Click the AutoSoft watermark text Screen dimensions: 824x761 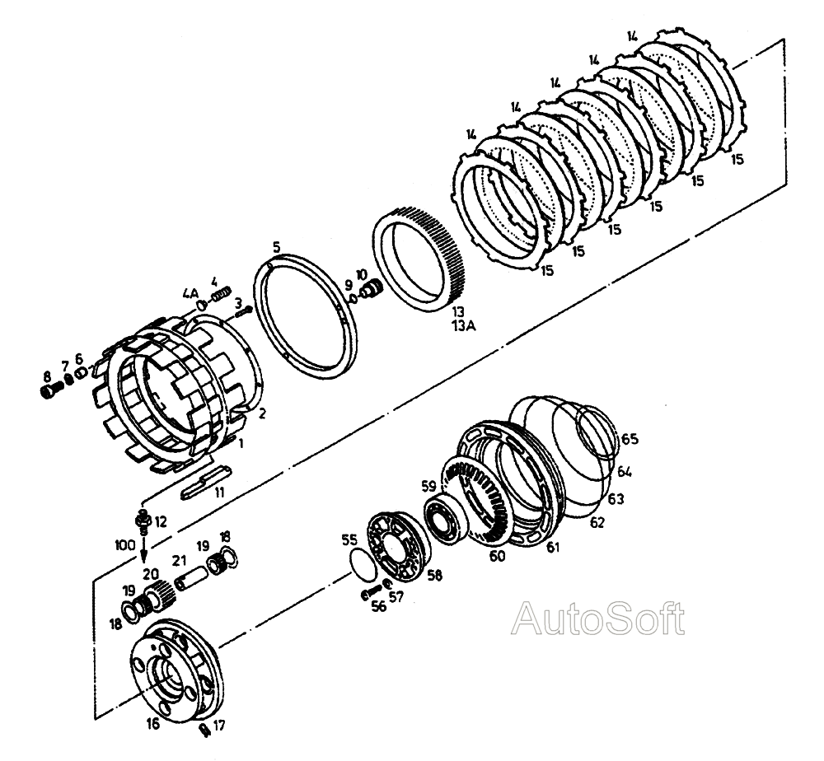tap(598, 619)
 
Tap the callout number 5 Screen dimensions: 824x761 tap(277, 247)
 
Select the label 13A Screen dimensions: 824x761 tap(464, 326)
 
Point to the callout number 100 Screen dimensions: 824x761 tap(125, 545)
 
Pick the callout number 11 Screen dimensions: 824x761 tap(219, 493)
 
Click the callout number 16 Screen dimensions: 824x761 tap(152, 723)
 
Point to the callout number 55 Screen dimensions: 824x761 tap(349, 540)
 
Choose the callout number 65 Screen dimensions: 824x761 tap(630, 438)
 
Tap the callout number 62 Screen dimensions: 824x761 tap(597, 522)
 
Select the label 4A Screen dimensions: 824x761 tap(190, 293)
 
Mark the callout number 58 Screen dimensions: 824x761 tap(434, 575)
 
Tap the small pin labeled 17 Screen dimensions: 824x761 tap(206, 730)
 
